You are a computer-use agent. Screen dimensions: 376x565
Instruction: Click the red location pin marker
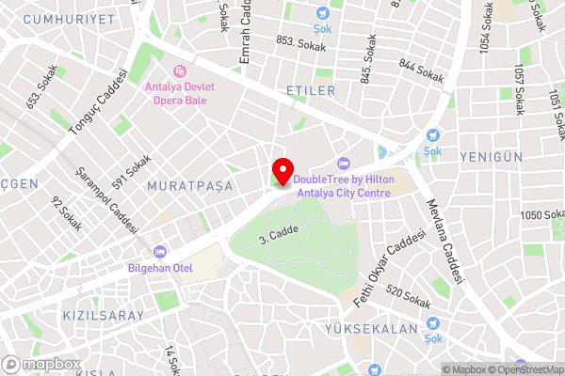(281, 171)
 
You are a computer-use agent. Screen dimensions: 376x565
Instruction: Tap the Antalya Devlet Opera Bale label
(179, 92)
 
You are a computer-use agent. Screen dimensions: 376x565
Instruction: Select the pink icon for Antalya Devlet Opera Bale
(179, 70)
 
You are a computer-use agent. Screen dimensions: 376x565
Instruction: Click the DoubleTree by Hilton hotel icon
(343, 164)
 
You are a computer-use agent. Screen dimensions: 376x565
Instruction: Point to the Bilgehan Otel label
(159, 266)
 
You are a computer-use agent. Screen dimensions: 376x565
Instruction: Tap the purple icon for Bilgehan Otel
(159, 251)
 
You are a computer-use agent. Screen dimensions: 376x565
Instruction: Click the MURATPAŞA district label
(189, 186)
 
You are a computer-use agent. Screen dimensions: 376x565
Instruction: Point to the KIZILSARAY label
(103, 315)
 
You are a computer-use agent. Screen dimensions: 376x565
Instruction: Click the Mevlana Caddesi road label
(444, 241)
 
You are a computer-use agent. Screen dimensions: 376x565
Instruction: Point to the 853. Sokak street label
(299, 41)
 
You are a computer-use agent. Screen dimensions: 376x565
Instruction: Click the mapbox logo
(41, 364)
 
